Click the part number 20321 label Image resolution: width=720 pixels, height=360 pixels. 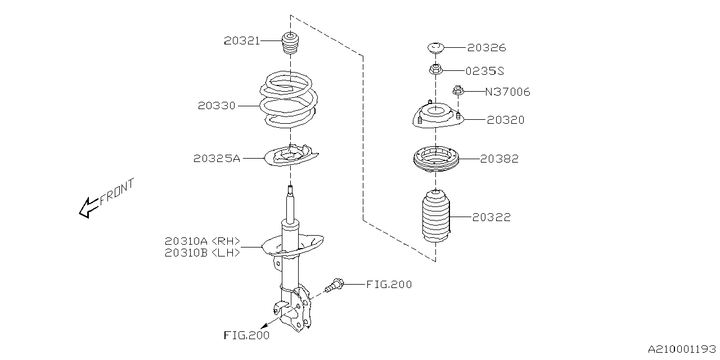(x=242, y=40)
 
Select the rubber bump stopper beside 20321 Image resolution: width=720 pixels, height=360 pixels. (x=290, y=45)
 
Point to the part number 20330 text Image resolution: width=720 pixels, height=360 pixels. (x=216, y=105)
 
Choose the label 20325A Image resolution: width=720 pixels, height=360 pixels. (x=217, y=159)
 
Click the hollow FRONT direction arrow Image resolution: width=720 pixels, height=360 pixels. (x=88, y=207)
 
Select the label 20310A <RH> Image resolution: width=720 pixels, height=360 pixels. (x=202, y=241)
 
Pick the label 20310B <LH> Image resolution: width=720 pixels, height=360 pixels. (x=202, y=253)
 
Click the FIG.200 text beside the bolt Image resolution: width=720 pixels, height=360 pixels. (x=389, y=285)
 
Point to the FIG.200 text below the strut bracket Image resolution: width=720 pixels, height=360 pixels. (x=246, y=336)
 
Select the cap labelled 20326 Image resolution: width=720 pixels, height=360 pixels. (x=436, y=48)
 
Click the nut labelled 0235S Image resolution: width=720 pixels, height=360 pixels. (x=435, y=70)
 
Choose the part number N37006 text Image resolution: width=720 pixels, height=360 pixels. (x=508, y=92)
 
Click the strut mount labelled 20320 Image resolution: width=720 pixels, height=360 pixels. (x=436, y=116)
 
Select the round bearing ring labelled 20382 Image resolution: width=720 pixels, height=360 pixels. (x=436, y=159)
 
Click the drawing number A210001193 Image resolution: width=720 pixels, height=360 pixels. (x=682, y=349)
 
